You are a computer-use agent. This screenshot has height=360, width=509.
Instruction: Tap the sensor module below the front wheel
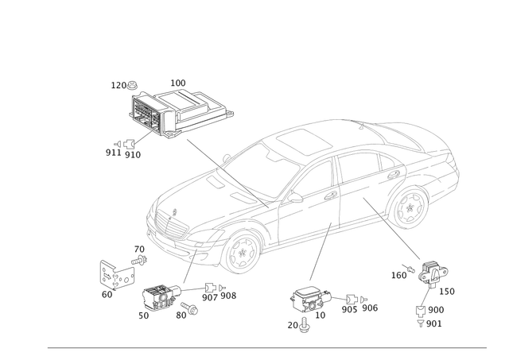tap(159, 299)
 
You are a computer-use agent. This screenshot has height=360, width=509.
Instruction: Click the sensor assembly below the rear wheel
tap(431, 273)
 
